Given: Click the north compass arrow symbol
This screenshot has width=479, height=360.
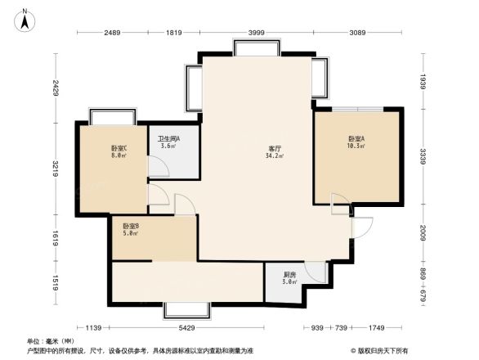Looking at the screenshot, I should coord(25,19).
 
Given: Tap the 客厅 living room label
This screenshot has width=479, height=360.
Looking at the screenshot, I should coord(276,148).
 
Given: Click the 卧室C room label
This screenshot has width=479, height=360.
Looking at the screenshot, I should coord(119,148).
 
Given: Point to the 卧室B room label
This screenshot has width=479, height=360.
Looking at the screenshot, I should coord(130,227).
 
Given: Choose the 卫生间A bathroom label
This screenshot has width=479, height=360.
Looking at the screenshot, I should coord(169,138).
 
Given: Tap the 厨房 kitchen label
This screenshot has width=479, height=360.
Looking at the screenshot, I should coord(289,275).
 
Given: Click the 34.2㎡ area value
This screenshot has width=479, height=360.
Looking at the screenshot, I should coord(276,156).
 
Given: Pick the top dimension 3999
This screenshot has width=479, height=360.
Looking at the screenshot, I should coord(256,32).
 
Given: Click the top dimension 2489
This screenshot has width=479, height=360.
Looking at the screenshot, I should coord(112,32).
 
